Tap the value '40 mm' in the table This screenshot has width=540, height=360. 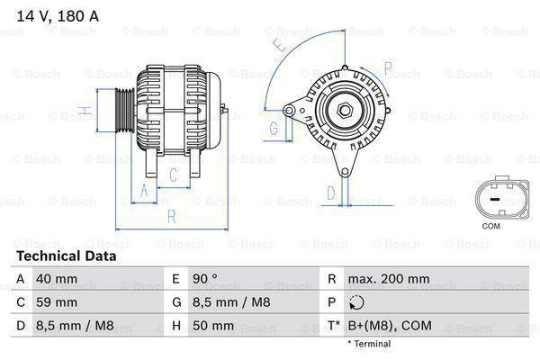click(55, 279)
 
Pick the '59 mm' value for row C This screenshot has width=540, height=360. click(55, 302)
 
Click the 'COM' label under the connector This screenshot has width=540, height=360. click(490, 226)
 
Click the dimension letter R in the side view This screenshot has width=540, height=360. click(170, 216)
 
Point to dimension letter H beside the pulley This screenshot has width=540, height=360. click(82, 112)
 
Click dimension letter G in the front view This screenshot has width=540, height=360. click(273, 129)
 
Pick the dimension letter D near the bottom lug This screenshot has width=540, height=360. click(331, 192)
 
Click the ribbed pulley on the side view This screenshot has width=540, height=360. click(121, 112)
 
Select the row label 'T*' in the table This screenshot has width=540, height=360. click(335, 325)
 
